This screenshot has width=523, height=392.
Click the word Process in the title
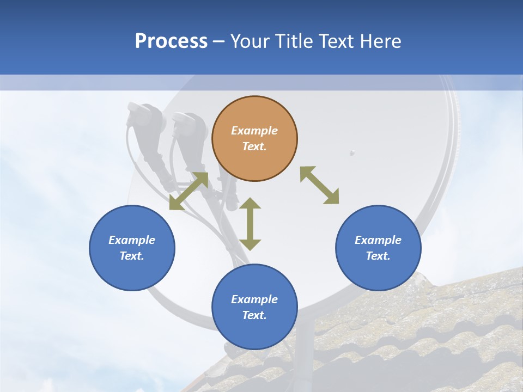click(x=171, y=41)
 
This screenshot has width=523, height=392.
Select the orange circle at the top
click(x=254, y=138)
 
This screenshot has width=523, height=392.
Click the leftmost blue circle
click(x=132, y=248)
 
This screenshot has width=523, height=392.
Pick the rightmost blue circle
click(x=378, y=248)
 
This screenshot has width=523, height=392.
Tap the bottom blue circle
click(x=254, y=307)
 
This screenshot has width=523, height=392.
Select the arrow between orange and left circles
click(x=188, y=191)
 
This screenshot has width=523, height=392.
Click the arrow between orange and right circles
click(x=320, y=185)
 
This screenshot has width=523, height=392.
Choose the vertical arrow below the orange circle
click(x=250, y=224)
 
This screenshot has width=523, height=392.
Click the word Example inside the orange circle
click(x=254, y=131)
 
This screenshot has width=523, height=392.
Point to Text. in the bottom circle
click(x=254, y=315)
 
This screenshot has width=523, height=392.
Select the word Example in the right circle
click(x=378, y=240)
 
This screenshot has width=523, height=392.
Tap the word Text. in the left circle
click(x=132, y=256)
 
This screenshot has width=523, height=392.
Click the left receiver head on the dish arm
click(x=144, y=117)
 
